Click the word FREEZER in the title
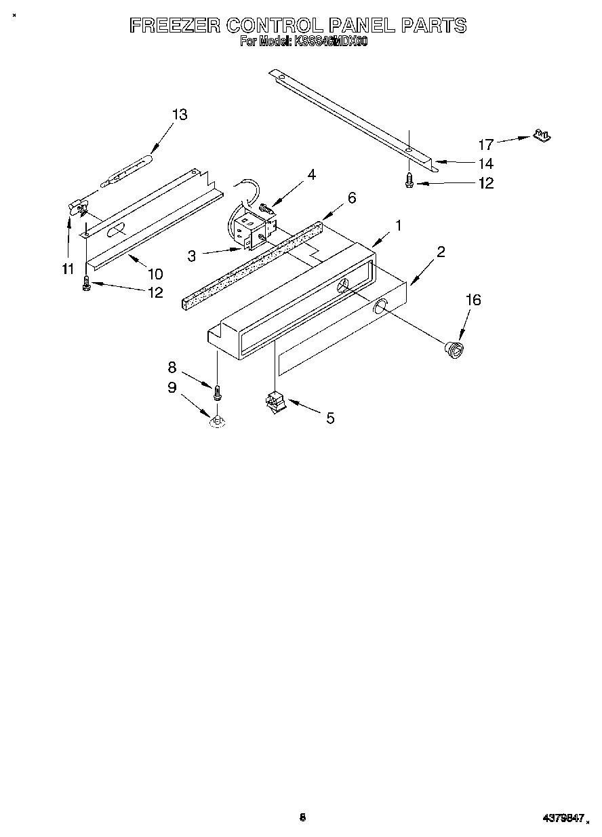coord(174,26)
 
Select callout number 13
coord(179,115)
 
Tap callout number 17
coord(486,144)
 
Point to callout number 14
coord(486,163)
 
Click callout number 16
coord(473,299)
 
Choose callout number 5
coord(330,418)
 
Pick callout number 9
coord(172,387)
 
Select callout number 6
coord(352,197)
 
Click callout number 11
coord(67,269)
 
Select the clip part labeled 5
coord(275,403)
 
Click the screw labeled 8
coord(218,393)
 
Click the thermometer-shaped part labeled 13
coord(127,170)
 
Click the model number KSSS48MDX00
coord(330,42)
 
